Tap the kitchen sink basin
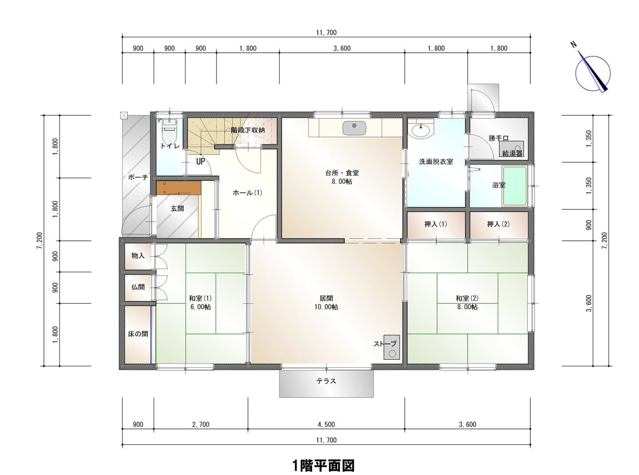coord(355,128)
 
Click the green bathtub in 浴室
coord(515,186)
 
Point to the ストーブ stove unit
coord(391,347)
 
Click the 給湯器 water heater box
coord(511,149)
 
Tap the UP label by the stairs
coord(201,161)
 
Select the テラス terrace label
coord(326,381)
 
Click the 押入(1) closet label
coord(436,224)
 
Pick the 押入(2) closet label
coord(498,224)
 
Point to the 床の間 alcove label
coord(138,334)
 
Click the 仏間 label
coord(138,287)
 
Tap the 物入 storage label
coord(138,255)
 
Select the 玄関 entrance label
coord(177,208)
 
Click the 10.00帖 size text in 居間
coord(326,307)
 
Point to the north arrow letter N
coord(574,44)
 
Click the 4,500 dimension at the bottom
coord(326,424)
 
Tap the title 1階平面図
coord(323,466)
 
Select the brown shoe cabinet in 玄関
coord(179,188)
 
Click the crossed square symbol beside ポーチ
coord(124,115)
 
